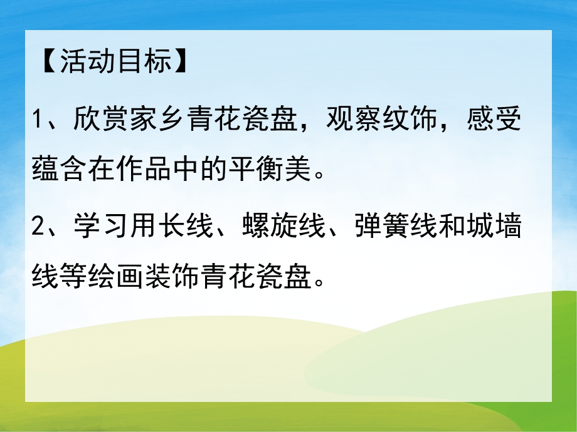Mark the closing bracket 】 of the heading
click(x=181, y=63)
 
